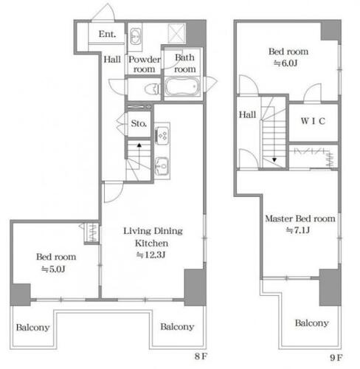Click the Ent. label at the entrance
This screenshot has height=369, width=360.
[x=107, y=34]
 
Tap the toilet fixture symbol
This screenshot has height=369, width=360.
[x=153, y=89]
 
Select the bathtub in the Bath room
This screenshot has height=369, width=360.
[x=182, y=86]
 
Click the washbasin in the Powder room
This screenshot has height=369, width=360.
[x=135, y=36]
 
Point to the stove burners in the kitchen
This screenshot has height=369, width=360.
[x=162, y=136]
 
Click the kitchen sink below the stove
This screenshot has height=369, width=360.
[x=162, y=166]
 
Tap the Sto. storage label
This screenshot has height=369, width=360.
[x=139, y=123]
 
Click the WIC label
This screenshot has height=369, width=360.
[x=313, y=121]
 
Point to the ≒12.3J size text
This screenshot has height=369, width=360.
[x=150, y=255]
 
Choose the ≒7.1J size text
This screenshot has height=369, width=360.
[x=298, y=230]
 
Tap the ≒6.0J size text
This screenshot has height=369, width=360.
[x=285, y=63]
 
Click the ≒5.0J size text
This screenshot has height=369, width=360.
[x=53, y=269]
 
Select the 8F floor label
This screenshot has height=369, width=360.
[x=201, y=356]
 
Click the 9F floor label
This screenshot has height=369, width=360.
[x=336, y=357]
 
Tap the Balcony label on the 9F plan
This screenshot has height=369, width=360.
[x=312, y=323]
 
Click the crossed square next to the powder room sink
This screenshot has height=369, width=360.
[x=176, y=33]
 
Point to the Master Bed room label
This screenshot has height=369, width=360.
[x=300, y=218]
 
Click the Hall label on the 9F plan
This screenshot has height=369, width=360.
[x=247, y=114]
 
